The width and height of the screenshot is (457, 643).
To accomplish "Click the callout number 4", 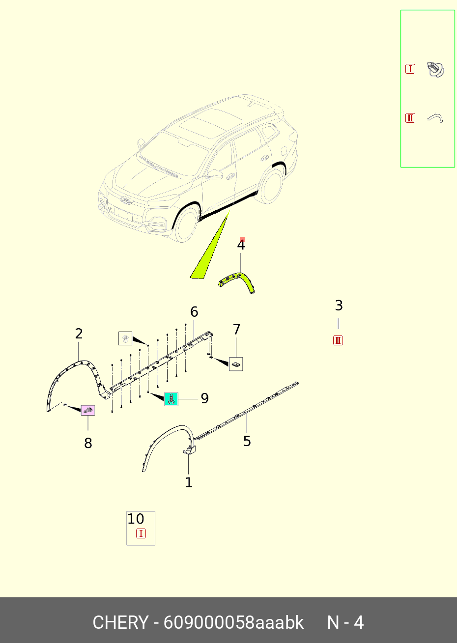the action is click(x=241, y=245).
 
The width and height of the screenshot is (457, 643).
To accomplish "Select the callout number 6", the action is click(x=194, y=312).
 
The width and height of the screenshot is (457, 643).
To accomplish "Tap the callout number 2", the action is click(x=79, y=334).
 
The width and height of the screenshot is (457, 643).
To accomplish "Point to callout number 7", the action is click(x=236, y=330).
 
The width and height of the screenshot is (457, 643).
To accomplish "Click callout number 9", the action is click(x=204, y=398).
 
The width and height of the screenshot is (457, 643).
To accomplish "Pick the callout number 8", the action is click(x=88, y=443).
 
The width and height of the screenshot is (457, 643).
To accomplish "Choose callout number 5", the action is click(x=247, y=441).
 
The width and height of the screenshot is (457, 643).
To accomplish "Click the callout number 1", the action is click(x=189, y=482).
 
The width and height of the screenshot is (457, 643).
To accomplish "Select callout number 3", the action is click(x=339, y=306).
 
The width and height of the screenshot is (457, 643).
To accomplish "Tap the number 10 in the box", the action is click(x=136, y=519).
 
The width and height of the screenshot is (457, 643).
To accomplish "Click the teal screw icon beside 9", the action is click(x=171, y=399).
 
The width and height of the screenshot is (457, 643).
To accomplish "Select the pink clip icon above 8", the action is click(x=87, y=411).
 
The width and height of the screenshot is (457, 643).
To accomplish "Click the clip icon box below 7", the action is click(x=236, y=364).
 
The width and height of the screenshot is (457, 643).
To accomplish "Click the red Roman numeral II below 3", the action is click(x=338, y=340).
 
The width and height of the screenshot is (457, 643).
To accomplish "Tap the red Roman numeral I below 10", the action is click(x=141, y=533).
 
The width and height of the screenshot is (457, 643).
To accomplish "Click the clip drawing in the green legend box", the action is click(x=436, y=69).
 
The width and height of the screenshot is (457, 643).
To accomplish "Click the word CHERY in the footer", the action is click(x=120, y=622).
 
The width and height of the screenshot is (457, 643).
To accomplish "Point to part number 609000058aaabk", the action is click(x=233, y=622).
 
